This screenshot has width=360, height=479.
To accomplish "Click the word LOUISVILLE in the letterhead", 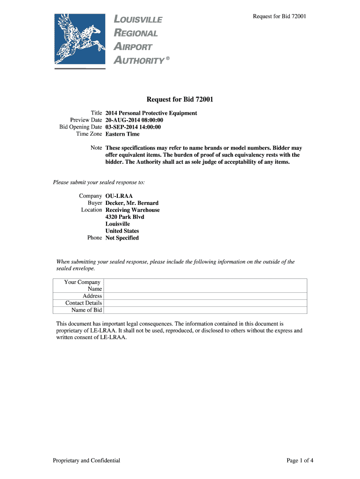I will pos(138,20).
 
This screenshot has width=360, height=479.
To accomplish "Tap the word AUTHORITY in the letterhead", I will pos(139,60).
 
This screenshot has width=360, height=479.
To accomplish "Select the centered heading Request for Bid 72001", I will pos(180,99).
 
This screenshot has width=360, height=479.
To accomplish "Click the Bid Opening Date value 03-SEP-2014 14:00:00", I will pos(133,127).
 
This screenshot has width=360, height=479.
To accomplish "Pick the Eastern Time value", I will pos(122,134).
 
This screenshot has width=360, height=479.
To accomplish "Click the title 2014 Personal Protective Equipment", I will pos(151,113).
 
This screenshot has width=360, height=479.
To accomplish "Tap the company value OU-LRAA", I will pos(119,196).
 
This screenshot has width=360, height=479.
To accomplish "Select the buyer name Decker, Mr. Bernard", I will pos(132,203).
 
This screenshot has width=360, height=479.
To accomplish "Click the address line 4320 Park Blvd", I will pos(125,217).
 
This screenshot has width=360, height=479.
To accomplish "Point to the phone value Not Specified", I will pos(122,238).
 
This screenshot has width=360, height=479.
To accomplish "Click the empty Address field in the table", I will pos(205,296).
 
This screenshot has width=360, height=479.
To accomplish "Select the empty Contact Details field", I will pos(205,303).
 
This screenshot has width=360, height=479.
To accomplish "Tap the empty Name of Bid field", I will pos(205,310).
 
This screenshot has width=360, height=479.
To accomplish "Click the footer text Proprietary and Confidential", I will pos(86,461).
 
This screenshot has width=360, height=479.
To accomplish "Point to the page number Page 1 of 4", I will pos(300,461).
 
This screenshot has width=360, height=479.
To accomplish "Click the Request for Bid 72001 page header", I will pos(280,17).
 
